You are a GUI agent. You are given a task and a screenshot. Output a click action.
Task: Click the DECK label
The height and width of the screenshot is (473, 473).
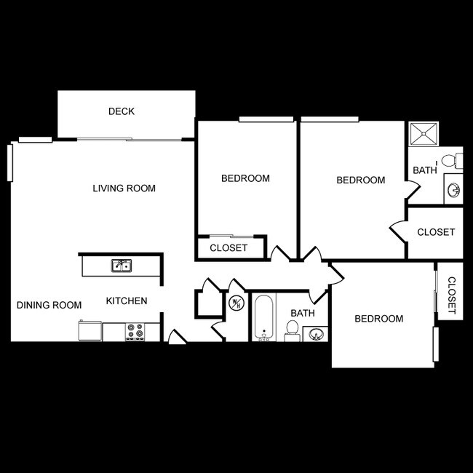122,111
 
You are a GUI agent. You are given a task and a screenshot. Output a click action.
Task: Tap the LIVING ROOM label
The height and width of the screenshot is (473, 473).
124,188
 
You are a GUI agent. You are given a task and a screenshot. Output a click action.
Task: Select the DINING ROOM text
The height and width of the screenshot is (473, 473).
49,305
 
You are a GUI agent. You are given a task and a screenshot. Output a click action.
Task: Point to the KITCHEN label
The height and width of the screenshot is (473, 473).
127,301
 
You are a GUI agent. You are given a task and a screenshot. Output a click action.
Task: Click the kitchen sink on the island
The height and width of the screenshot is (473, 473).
121,266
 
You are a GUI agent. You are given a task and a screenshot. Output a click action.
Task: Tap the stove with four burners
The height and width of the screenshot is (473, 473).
135,332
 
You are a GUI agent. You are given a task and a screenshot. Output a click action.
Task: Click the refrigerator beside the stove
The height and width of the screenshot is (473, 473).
90,331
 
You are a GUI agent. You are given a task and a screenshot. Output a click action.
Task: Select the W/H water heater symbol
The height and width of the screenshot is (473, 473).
236,303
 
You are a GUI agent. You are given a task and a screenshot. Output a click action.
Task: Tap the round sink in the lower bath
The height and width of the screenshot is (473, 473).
316,334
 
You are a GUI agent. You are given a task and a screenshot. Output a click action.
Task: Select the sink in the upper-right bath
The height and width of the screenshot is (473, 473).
453,189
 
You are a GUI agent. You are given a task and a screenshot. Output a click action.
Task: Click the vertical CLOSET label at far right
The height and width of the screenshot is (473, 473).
450,296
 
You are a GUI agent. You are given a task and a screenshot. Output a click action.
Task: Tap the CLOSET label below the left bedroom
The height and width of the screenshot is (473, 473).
228,247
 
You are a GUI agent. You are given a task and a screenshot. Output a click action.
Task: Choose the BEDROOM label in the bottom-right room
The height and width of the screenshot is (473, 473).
378,319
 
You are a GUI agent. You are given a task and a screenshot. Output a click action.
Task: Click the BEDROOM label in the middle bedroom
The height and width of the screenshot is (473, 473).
360,180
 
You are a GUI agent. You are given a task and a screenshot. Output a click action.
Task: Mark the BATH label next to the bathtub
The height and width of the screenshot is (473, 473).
302,313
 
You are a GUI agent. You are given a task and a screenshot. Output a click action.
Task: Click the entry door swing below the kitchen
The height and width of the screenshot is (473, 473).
176,337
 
